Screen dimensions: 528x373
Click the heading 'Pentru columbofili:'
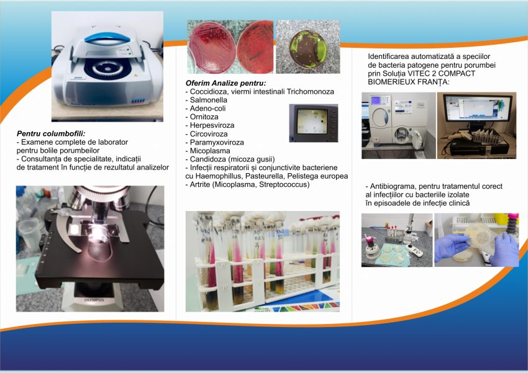tap(51, 133)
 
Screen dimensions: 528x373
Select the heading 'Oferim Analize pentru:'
tap(225, 83)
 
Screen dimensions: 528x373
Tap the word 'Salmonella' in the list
tap(209, 100)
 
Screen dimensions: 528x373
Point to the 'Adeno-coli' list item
tap(206, 109)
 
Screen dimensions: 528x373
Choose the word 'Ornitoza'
tap(204, 117)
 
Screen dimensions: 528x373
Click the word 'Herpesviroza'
tap(212, 125)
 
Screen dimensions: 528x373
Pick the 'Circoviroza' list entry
tap(209, 134)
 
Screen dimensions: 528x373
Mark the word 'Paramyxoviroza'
tap(217, 142)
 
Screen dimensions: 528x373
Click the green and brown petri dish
tap(308, 48)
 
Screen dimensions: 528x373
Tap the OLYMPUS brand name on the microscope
tap(94, 300)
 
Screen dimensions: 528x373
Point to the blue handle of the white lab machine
tap(107, 38)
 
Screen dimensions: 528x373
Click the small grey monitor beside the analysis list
tap(314, 123)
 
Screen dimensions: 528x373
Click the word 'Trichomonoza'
tap(311, 91)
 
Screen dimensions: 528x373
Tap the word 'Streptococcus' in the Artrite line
tap(284, 184)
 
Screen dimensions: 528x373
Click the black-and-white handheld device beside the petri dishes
tap(414, 251)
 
